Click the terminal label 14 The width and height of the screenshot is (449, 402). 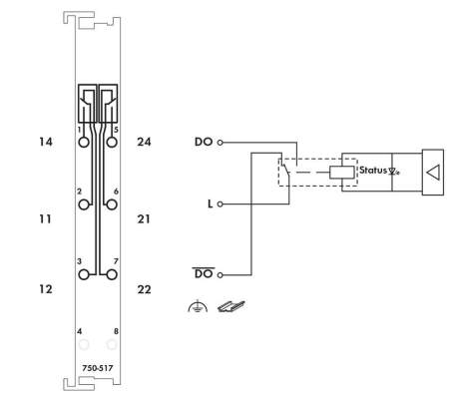point(46,142)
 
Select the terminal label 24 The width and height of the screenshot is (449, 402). point(144,142)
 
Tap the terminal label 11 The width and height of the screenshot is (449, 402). point(45,219)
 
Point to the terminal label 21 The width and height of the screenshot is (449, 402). point(144,219)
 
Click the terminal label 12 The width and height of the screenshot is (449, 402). point(46,289)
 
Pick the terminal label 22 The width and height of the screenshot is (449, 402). point(144,289)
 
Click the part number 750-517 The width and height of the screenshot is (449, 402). point(98,368)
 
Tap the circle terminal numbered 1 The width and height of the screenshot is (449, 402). point(84,143)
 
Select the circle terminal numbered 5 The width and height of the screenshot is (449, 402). point(112,143)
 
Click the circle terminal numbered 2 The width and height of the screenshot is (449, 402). point(84,204)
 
